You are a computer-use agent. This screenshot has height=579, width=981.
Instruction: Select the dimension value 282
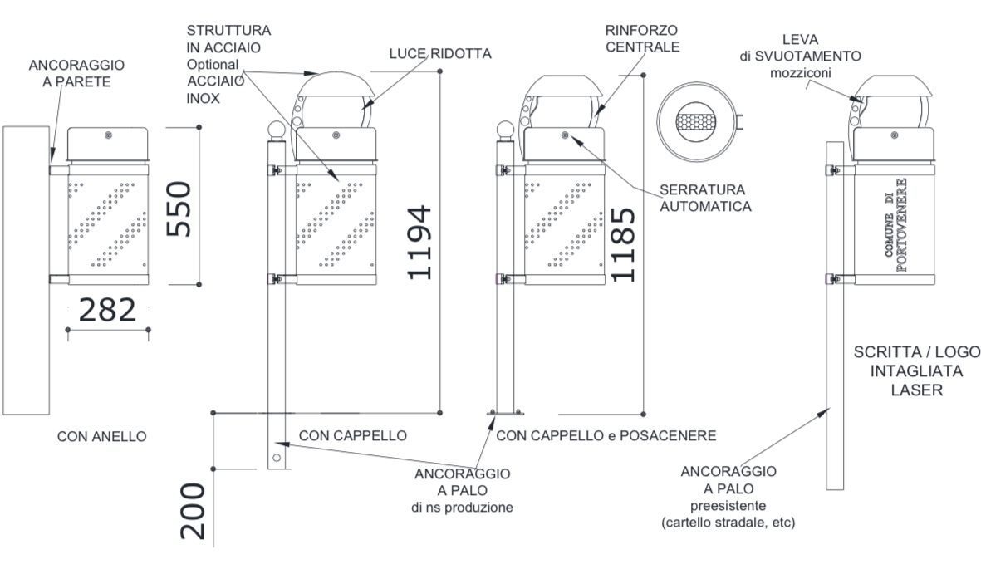point(106,310)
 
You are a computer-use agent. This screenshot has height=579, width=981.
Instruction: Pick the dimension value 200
point(193,512)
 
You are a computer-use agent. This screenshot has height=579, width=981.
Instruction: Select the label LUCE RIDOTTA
point(440,53)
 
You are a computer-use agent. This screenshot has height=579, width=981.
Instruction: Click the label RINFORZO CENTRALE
point(643,38)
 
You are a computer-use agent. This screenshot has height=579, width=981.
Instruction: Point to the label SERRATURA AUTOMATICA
point(705,198)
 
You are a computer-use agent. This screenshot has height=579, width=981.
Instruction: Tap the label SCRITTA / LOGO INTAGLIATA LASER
point(917,371)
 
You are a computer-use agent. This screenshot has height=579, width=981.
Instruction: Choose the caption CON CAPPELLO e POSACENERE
point(606,435)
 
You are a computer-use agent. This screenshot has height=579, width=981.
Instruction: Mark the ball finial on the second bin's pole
point(275,130)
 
